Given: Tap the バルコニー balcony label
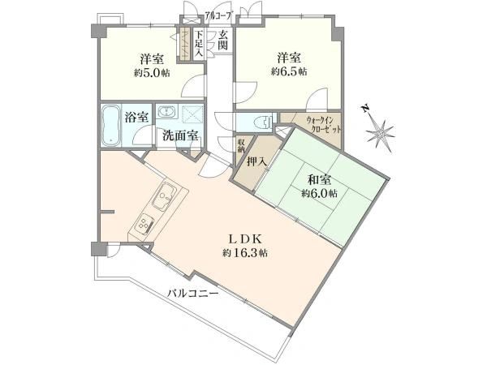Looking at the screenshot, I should (193, 293).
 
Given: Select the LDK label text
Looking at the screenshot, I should (243, 240).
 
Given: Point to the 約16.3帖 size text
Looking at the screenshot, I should (243, 254).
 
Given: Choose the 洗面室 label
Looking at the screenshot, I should (179, 135).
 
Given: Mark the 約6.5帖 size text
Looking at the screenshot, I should (290, 72).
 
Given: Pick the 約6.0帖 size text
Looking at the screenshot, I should (319, 194).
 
